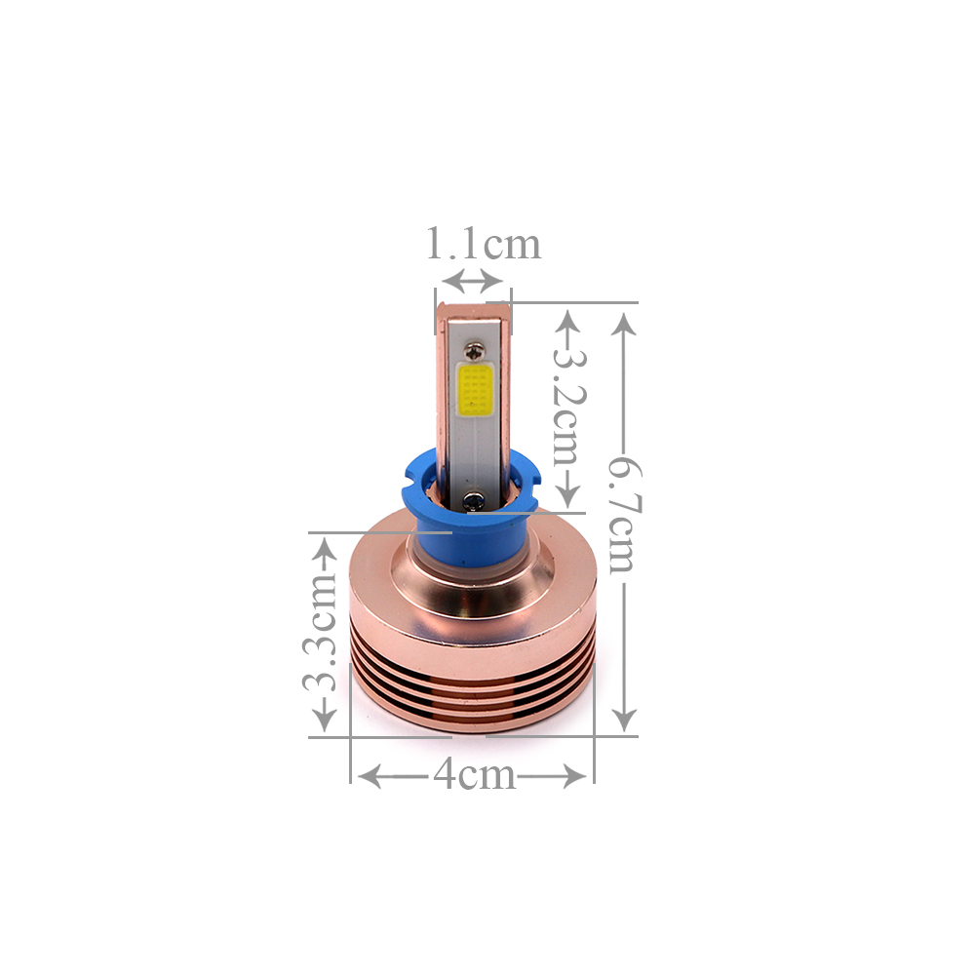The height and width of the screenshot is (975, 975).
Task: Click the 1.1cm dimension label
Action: (484, 244)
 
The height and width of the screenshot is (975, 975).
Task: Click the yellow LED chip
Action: (475, 390)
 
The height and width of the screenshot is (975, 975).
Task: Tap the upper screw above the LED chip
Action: (476, 353)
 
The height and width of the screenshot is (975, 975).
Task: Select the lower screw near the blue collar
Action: (474, 499)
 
